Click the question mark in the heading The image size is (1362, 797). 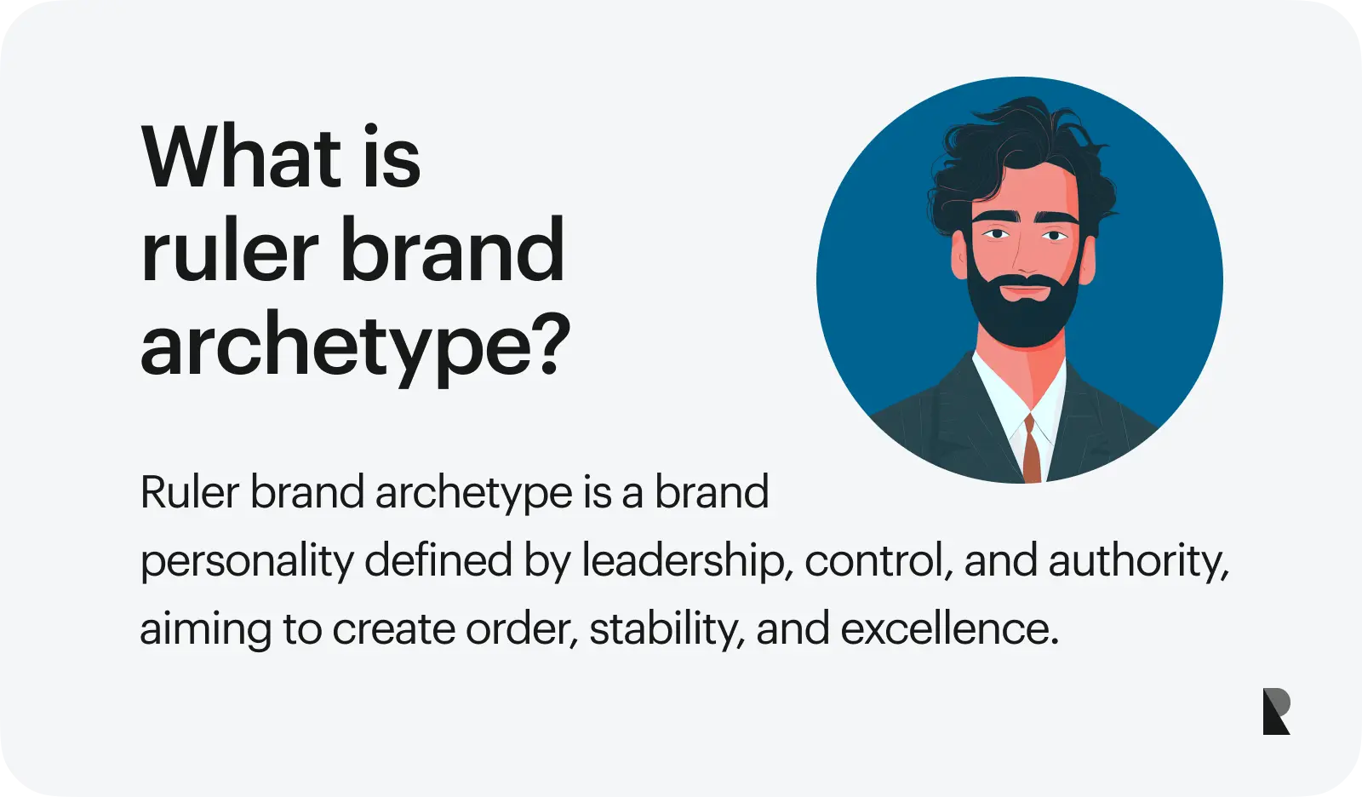549,343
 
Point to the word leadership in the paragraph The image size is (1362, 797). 688,559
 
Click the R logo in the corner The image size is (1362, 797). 1276,711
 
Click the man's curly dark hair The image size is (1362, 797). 1021,159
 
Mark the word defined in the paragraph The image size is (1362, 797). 438,559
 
